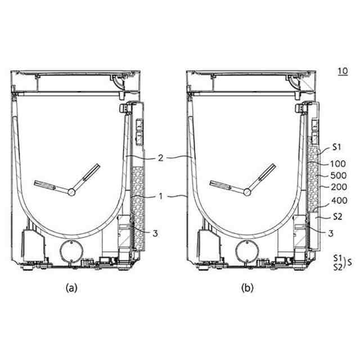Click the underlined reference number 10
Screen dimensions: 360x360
[x=343, y=71]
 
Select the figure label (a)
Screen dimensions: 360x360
[x=71, y=287]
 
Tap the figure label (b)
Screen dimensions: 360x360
[x=247, y=287]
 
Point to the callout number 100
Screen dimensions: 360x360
[x=337, y=164]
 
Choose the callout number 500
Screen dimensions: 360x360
[x=339, y=175]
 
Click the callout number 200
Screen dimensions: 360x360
[x=339, y=187]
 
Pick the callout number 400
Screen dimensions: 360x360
[x=340, y=201]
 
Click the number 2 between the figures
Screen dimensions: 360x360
[x=160, y=158]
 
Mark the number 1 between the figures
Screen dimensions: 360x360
[x=161, y=196]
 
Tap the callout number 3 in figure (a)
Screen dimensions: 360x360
[x=155, y=233]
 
